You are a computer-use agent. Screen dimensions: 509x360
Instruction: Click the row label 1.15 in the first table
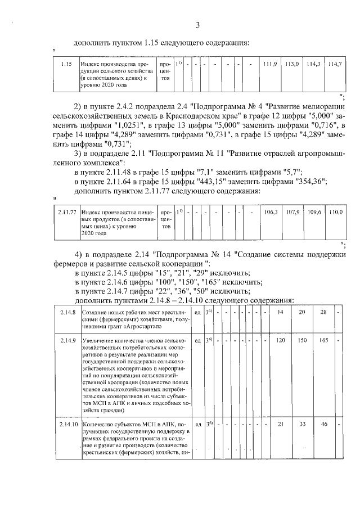click(65, 65)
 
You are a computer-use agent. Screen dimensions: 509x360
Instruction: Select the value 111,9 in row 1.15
click(271, 65)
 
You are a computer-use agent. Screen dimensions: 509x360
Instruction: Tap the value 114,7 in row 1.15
click(335, 65)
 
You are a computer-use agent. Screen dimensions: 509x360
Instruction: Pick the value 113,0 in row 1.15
click(292, 65)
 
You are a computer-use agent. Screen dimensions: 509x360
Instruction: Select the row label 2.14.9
click(67, 341)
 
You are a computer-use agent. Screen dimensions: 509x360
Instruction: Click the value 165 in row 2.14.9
click(323, 341)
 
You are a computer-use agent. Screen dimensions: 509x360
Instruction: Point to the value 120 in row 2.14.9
click(280, 341)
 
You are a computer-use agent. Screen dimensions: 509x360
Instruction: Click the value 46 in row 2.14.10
click(323, 424)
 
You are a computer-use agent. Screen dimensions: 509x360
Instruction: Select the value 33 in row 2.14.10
click(301, 424)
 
